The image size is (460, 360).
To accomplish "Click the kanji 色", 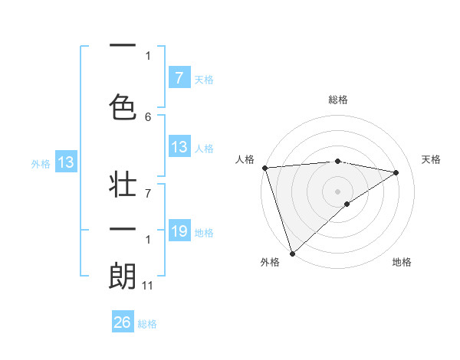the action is pos(123,104).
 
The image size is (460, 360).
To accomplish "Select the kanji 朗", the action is pos(123,276).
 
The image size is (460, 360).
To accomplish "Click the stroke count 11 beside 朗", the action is pos(147,286).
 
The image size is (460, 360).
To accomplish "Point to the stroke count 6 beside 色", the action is pos(148,116).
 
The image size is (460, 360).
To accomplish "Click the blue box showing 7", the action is pos(179,77).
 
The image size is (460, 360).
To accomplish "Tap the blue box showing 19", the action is pos(179,231).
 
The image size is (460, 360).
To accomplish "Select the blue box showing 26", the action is pos(122,322).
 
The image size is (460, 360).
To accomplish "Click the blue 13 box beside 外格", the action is pos(65,162).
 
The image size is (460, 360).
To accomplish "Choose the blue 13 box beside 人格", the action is pos(179,147).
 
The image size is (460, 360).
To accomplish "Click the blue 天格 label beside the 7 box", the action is pos(204,79).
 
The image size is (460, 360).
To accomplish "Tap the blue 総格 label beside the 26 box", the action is pos(147,324).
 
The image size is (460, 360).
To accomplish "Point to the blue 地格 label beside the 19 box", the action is pos(204,233).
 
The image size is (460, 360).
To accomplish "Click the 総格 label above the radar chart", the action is pos(337,100).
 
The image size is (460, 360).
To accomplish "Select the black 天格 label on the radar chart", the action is pos(431,159).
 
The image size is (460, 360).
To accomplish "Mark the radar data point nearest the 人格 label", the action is pos(264,168).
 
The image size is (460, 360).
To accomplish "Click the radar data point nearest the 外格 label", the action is pos(292,253).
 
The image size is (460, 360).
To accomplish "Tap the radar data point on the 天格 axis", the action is pos(396,172).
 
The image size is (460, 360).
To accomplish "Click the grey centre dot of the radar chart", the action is pos(337,191).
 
